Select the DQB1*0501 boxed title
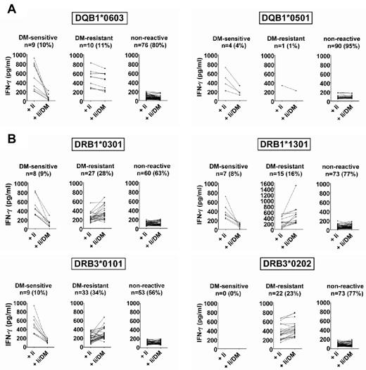coord(272,15)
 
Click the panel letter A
coord(6,8)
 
